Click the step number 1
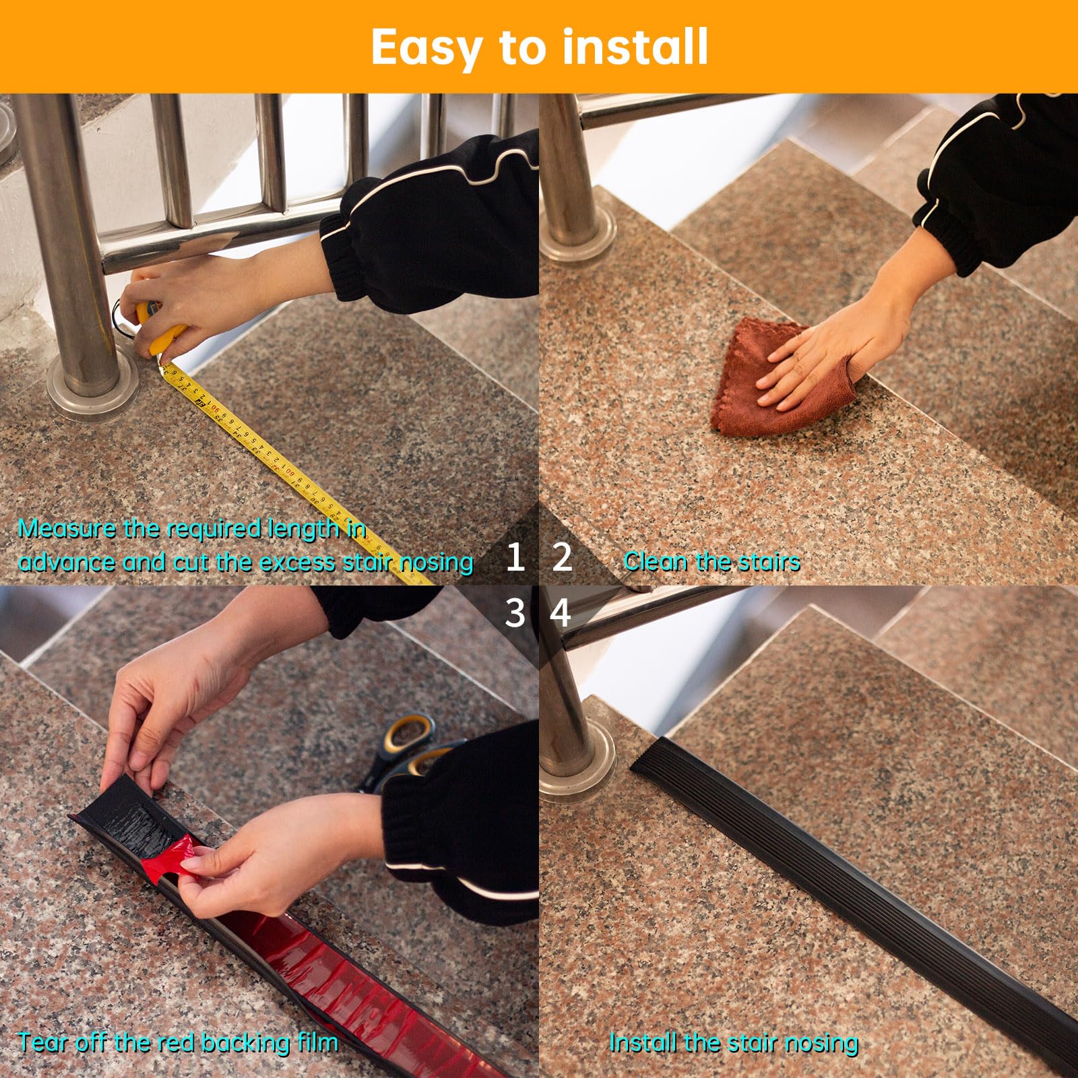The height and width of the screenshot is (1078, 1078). click(515, 558)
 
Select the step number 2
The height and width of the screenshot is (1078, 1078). click(562, 558)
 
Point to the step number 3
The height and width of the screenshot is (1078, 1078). click(515, 613)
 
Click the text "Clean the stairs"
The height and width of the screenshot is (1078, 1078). click(711, 561)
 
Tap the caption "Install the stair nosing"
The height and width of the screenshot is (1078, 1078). click(733, 1043)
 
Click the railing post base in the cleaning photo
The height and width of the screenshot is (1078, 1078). click(578, 236)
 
